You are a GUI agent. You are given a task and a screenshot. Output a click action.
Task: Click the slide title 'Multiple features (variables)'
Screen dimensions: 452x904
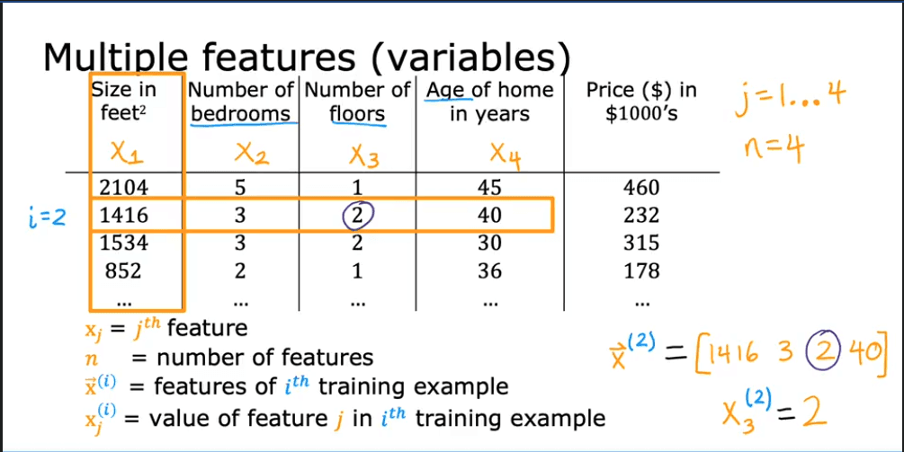coord(306,58)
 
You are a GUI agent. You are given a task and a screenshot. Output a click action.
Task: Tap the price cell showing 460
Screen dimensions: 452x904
coord(640,188)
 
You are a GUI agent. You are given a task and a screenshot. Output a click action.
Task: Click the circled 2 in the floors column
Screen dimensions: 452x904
coord(357,216)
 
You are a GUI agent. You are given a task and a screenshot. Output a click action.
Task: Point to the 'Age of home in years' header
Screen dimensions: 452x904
coord(489,102)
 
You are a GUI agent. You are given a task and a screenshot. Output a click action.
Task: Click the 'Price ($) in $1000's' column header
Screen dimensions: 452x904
coord(641,102)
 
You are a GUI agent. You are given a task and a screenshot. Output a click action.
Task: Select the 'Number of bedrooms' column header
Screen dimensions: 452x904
coord(240,102)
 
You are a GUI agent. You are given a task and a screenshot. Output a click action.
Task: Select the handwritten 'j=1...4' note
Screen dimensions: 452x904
coord(789,93)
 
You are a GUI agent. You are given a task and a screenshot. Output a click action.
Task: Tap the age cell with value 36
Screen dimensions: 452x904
coord(489,270)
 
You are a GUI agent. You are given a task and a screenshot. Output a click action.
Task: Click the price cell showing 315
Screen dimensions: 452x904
coord(640,243)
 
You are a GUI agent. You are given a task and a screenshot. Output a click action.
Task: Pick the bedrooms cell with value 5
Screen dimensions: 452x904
coord(240,188)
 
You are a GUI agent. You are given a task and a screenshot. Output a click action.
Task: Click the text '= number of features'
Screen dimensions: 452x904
coord(252,358)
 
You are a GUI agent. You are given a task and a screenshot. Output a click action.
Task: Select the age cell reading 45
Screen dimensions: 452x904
coord(489,188)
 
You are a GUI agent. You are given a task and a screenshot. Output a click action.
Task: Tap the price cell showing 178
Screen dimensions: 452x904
coord(640,270)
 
